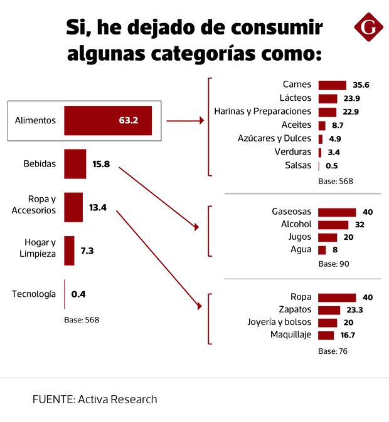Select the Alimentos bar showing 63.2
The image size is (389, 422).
(x=108, y=120)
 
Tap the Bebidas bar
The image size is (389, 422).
(x=75, y=164)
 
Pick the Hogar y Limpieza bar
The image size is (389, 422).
(x=69, y=250)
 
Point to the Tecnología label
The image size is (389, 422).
(x=34, y=294)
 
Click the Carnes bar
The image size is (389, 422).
(x=332, y=85)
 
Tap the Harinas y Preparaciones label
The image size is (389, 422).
(x=262, y=111)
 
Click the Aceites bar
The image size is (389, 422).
(x=322, y=125)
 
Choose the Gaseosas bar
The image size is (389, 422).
(x=337, y=212)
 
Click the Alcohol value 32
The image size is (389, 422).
(x=360, y=225)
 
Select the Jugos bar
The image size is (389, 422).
(x=328, y=237)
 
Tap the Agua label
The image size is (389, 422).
(x=301, y=249)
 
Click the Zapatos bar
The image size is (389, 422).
(x=329, y=310)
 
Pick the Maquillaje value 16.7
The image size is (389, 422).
(x=347, y=336)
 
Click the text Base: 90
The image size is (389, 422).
(x=334, y=264)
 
